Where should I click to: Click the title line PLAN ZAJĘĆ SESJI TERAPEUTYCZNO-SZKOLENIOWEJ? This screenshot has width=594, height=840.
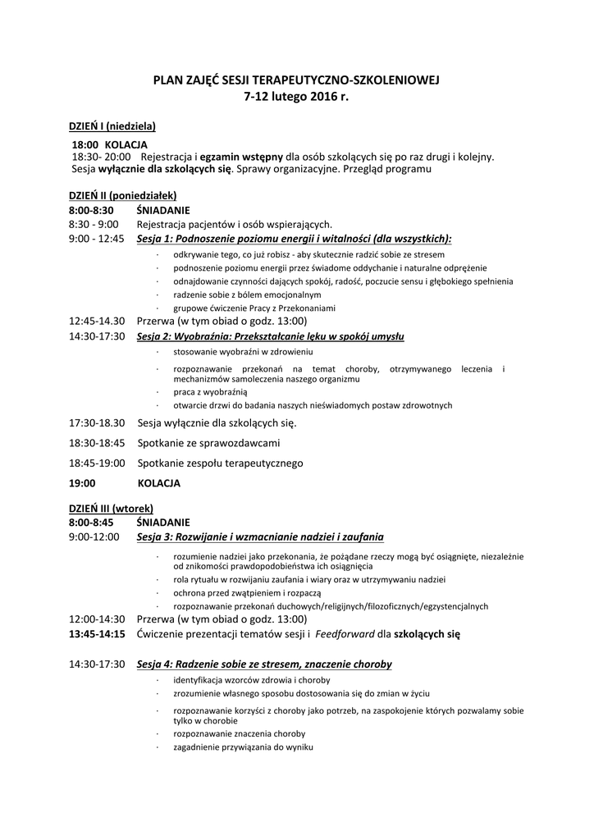coord(296,80)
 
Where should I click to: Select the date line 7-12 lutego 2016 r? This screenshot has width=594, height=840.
coord(296,97)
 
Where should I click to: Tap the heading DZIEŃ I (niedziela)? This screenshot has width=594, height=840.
coord(112,126)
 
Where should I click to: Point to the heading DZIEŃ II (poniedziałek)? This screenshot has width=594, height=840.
coord(122,195)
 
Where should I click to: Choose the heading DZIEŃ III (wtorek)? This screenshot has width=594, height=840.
coord(111,509)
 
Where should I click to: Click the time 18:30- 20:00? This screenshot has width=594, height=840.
coord(101,156)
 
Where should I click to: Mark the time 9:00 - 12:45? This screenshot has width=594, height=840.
coord(97,239)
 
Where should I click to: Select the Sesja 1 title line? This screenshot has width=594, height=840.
coord(295,239)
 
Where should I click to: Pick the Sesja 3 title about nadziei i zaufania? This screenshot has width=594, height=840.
coord(260,537)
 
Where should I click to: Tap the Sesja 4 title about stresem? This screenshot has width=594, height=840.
coord(264,664)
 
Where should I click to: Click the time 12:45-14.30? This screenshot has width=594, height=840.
coord(97,321)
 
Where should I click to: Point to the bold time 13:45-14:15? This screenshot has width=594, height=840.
coord(97,634)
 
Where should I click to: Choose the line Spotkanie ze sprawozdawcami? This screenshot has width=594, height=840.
coord(208,443)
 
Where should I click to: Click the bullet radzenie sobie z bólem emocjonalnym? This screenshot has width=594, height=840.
coord(247,294)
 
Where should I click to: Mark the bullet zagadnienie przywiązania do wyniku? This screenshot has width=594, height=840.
coord(243,747)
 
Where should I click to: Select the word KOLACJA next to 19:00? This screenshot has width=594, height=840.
coord(159,483)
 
